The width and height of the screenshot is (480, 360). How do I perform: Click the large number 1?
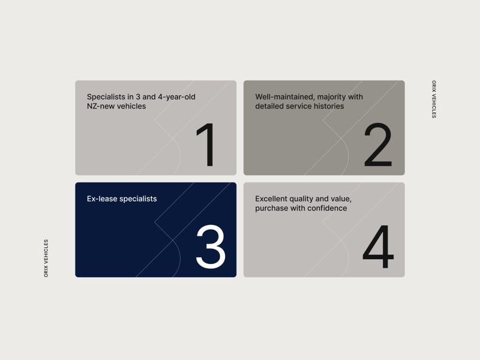(x=206, y=145)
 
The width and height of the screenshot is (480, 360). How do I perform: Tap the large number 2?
(x=378, y=145)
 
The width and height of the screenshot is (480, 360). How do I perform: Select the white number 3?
(x=211, y=247)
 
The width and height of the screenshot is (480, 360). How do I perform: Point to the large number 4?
(x=378, y=247)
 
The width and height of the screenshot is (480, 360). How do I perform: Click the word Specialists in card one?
(x=106, y=97)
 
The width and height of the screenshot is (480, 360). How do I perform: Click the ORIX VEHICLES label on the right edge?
(x=434, y=99)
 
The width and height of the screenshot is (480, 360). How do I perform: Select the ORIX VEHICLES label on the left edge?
(x=46, y=259)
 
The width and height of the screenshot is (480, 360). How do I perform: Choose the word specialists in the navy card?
(x=138, y=199)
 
